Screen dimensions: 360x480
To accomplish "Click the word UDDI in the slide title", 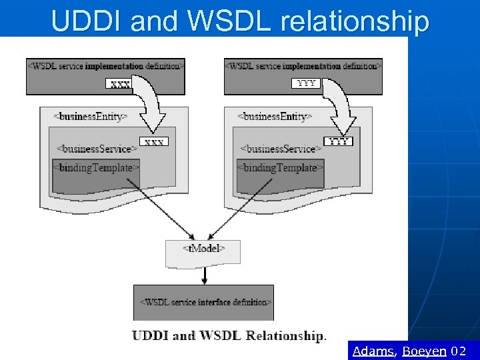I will [87, 21].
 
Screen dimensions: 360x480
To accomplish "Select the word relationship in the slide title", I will [355, 21].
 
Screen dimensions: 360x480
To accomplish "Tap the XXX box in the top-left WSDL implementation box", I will [120, 84].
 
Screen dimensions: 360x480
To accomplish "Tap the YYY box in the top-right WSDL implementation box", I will [306, 83].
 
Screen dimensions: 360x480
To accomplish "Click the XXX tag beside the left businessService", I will [154, 142].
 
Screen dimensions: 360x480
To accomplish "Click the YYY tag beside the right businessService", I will [338, 141].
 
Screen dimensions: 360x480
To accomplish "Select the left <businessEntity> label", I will [90, 116].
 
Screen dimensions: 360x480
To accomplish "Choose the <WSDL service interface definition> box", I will [204, 302].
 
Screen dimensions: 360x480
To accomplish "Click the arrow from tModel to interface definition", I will [205, 275].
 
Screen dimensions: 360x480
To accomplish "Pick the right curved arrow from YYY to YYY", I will [341, 107].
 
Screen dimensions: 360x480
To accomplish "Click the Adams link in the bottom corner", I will [373, 351].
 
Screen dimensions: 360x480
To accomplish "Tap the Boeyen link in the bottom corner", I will [425, 351].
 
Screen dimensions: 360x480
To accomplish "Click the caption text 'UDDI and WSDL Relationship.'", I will [229, 335].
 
